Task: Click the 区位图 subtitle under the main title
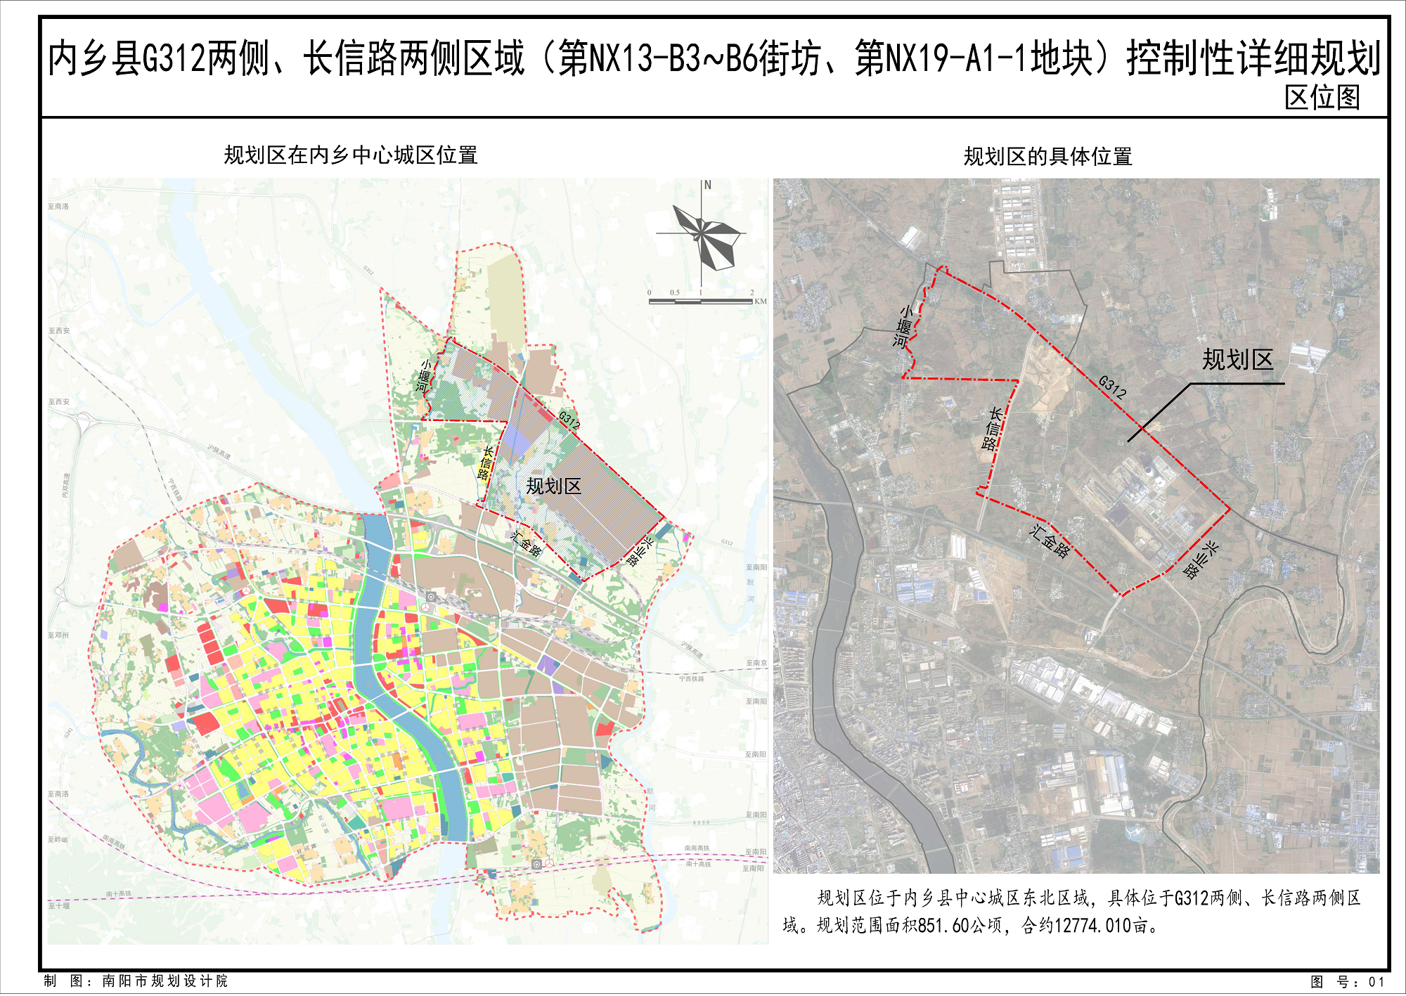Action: (x=1322, y=98)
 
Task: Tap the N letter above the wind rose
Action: (x=707, y=186)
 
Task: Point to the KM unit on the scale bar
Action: (x=760, y=302)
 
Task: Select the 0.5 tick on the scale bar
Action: (x=675, y=292)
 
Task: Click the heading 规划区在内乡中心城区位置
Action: (x=351, y=155)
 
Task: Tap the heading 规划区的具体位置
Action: (x=1047, y=157)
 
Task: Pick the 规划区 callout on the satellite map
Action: (x=1237, y=360)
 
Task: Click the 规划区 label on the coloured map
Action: (x=554, y=486)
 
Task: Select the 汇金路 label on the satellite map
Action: (x=1050, y=541)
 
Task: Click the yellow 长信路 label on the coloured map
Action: (x=486, y=463)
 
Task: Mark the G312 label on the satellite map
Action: (x=1112, y=387)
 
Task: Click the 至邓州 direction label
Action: (x=58, y=635)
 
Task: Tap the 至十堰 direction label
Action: (x=59, y=906)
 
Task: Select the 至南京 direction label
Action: (x=756, y=664)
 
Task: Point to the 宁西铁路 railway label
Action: (x=691, y=679)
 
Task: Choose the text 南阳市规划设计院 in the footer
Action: (x=165, y=981)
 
